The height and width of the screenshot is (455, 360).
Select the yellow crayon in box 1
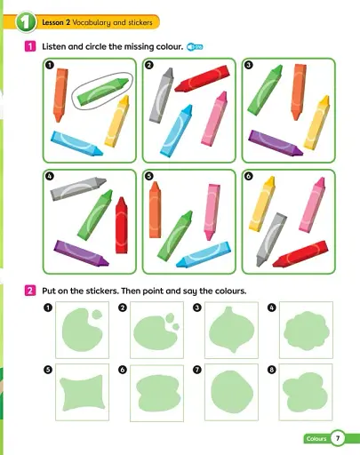click(118, 120)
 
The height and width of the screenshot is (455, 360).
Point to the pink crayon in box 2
click(214, 119)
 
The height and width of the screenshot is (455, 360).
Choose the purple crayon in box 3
click(271, 140)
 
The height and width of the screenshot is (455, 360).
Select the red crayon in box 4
click(122, 224)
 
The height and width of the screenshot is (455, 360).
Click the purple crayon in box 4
click(82, 252)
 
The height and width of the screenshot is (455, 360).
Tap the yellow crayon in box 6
click(265, 204)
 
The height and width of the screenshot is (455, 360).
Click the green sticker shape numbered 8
click(306, 389)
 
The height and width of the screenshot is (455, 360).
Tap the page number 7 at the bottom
click(338, 437)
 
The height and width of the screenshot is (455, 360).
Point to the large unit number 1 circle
click(24, 20)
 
